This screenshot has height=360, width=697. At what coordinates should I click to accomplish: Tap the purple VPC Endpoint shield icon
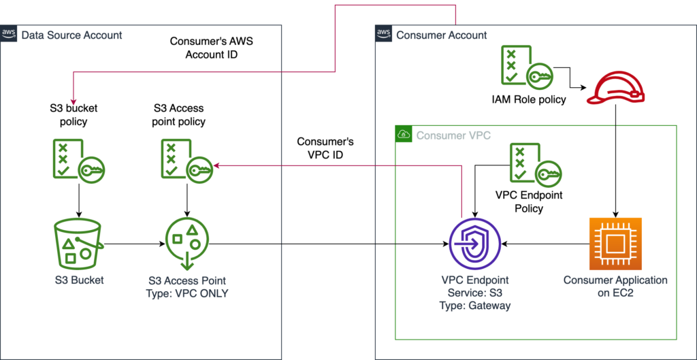(x=474, y=243)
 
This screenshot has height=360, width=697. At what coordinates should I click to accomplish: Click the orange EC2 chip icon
(x=615, y=244)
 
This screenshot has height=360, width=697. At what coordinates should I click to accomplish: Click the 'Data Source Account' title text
(x=72, y=35)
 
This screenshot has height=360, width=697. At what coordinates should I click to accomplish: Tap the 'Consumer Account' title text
(x=442, y=35)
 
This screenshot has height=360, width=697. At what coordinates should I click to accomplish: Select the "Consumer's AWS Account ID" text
(x=212, y=48)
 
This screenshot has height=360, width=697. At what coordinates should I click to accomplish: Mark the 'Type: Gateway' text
(x=474, y=306)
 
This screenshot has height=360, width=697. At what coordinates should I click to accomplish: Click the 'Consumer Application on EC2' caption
(x=615, y=287)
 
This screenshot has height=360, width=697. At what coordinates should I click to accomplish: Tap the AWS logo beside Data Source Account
(x=9, y=34)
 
